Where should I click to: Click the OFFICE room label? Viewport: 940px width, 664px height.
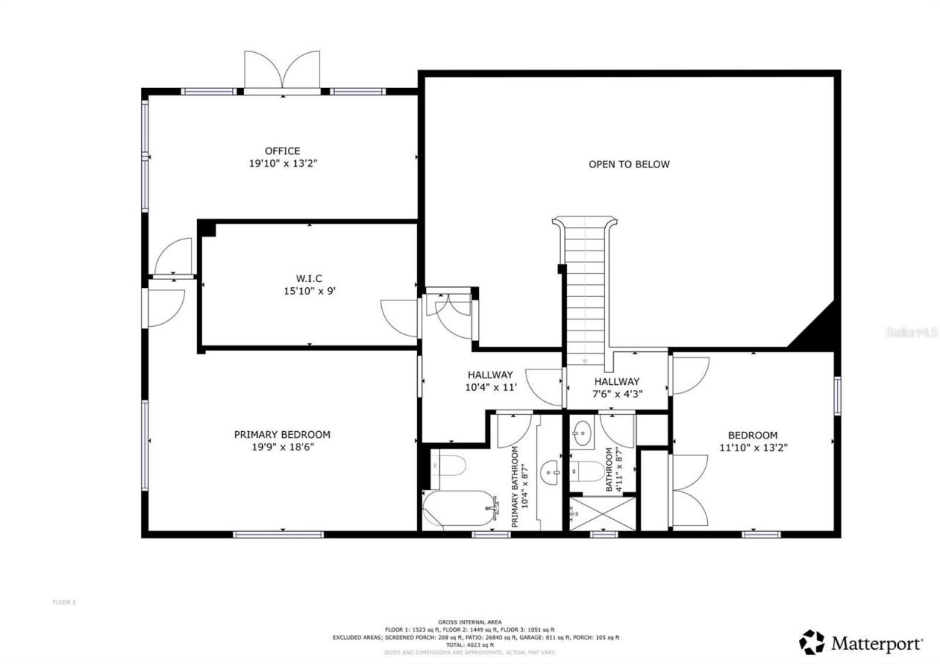[283, 151]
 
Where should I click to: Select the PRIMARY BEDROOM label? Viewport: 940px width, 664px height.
[282, 434]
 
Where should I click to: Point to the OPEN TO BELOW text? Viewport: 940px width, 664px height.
[629, 165]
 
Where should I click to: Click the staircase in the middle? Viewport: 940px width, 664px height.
[585, 286]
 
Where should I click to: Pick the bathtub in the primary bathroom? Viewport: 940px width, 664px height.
[459, 509]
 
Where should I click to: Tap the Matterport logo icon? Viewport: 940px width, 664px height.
[811, 642]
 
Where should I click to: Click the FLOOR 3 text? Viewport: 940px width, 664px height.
[64, 602]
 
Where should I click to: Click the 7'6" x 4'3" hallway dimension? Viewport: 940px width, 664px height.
[617, 393]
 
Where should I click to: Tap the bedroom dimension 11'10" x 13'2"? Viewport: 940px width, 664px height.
[753, 447]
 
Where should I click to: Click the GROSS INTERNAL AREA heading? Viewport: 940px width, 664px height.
[470, 621]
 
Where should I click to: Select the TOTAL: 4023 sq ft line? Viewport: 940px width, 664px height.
[470, 645]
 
